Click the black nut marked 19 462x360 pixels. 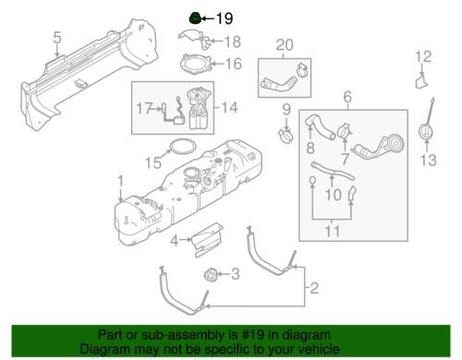point(195,18)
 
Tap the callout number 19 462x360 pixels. point(225,18)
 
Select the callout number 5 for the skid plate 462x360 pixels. point(57,38)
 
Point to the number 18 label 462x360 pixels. point(233,42)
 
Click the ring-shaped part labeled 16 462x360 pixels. point(196,64)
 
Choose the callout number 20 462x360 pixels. point(285,45)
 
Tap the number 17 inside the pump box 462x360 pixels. point(144,108)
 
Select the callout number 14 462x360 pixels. point(230,108)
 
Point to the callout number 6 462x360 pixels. point(347,97)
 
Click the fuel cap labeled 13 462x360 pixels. point(426,131)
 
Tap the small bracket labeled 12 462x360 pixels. point(421,81)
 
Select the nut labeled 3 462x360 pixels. point(212,274)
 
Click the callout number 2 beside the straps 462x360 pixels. point(314,288)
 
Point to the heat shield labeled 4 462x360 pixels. point(207,239)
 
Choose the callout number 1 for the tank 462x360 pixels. point(121,181)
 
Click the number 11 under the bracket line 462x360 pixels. point(333,231)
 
